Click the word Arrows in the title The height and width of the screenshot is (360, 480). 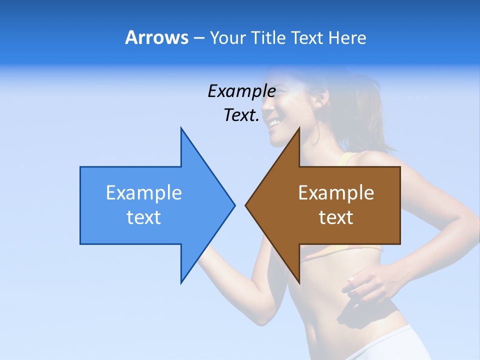coord(156,37)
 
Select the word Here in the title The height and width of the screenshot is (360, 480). coord(347,37)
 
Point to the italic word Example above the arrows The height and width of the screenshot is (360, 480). coord(241,91)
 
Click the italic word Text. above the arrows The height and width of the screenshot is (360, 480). coord(241,115)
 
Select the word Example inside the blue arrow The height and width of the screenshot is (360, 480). coord(144,193)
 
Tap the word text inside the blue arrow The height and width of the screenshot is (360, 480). coord(144,217)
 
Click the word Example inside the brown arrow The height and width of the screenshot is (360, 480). coord(336,193)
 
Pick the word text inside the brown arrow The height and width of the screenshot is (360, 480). coord(336,217)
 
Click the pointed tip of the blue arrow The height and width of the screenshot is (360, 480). coord(234,205)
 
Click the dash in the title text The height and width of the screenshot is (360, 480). coord(199,38)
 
